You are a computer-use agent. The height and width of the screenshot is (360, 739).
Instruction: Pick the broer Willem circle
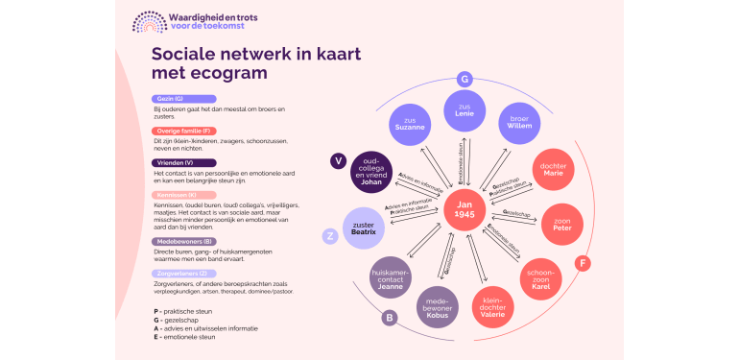pyautogui.click(x=519, y=124)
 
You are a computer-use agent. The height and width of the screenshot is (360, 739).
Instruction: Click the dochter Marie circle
pyautogui.click(x=553, y=169)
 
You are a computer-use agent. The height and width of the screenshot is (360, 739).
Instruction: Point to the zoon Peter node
pyautogui.click(x=562, y=224)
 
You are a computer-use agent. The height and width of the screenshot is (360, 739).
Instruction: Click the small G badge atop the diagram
pyautogui.click(x=465, y=79)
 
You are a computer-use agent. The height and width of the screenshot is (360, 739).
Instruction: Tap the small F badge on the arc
pyautogui.click(x=583, y=263)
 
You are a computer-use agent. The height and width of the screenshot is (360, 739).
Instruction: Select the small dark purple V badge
pyautogui.click(x=338, y=160)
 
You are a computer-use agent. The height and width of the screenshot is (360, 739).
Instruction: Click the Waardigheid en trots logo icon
pyautogui.click(x=149, y=21)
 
